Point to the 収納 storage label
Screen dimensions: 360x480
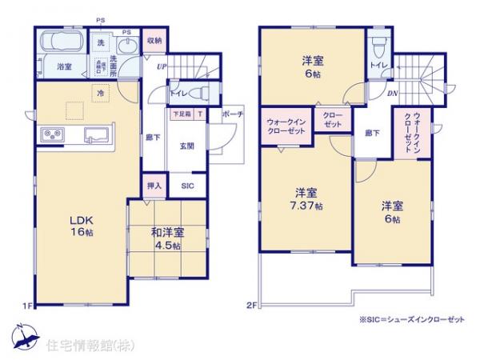click(x=154, y=40)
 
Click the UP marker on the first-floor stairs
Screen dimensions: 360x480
click(x=162, y=66)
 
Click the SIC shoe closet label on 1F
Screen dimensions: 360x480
click(x=187, y=186)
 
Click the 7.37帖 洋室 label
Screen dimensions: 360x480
click(x=307, y=198)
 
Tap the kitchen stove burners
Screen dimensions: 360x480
click(x=50, y=134)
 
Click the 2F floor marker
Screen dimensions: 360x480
click(x=251, y=305)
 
